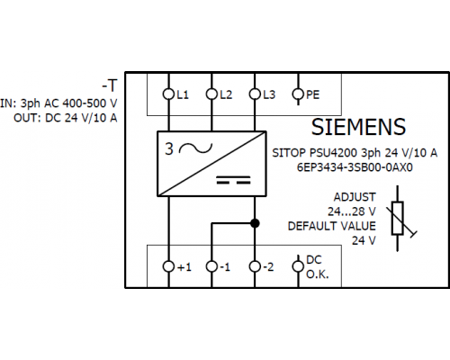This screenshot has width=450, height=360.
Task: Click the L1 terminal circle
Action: pyautogui.click(x=168, y=94)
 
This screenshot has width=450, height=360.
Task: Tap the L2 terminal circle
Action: pyautogui.click(x=211, y=94)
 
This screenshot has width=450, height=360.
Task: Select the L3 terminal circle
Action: pyautogui.click(x=255, y=94)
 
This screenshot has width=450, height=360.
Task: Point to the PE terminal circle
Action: pyautogui.click(x=298, y=94)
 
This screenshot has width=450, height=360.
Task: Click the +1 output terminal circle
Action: pyautogui.click(x=168, y=266)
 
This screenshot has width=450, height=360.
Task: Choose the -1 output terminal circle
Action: pyautogui.click(x=211, y=266)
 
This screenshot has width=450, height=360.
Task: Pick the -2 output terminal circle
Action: pyautogui.click(x=255, y=266)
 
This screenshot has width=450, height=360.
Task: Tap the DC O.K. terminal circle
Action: pyautogui.click(x=298, y=266)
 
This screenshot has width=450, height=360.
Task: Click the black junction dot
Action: pyautogui.click(x=255, y=223)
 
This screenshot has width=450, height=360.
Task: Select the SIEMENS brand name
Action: pyautogui.click(x=358, y=127)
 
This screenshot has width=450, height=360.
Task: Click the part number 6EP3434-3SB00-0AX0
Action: pyautogui.click(x=355, y=167)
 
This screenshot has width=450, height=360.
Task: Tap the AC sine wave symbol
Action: pyautogui.click(x=195, y=148)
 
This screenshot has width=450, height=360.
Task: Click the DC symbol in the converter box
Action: pyautogui.click(x=233, y=180)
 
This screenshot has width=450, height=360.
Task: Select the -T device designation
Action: pyautogui.click(x=110, y=85)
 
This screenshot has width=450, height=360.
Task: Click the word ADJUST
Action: pyautogui.click(x=355, y=197)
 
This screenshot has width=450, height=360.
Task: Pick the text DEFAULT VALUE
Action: pyautogui.click(x=332, y=226)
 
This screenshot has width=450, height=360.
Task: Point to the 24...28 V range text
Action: pyautogui.click(x=352, y=211)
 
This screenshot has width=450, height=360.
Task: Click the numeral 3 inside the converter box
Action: pyautogui.click(x=169, y=148)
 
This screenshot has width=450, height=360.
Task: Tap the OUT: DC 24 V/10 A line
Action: pyautogui.click(x=66, y=118)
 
